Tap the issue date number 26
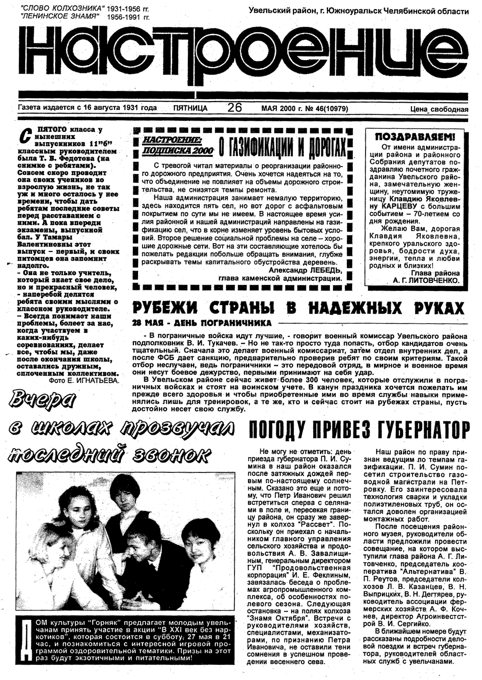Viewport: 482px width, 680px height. click(x=235, y=107)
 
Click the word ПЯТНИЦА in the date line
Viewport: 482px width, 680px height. click(x=190, y=108)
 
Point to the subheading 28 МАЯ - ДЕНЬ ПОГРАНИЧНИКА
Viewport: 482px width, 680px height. click(x=202, y=323)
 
